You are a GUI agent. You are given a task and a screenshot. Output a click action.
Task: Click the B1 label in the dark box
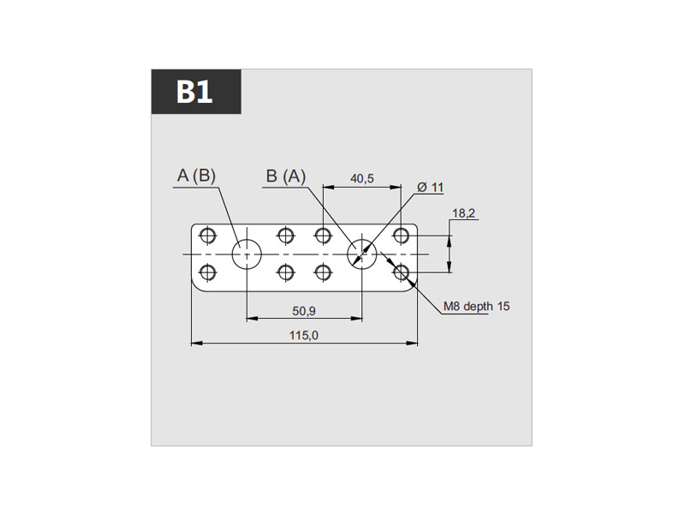[x=194, y=92]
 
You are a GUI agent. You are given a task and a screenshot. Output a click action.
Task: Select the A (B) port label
[x=197, y=176]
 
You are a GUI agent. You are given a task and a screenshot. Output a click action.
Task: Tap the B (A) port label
[x=286, y=176]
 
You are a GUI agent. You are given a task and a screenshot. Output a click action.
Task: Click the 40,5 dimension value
[x=362, y=178]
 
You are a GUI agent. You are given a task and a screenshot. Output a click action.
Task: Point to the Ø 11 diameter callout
[x=431, y=188]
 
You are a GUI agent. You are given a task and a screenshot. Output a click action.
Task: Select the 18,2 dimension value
[x=463, y=213]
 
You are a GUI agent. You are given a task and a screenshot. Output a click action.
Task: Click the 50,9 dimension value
[x=304, y=311]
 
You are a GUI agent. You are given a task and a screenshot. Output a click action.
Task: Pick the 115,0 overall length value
[x=304, y=336]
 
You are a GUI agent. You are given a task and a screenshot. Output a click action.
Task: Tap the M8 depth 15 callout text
[x=477, y=307]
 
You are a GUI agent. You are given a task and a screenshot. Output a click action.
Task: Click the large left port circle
[x=232, y=254]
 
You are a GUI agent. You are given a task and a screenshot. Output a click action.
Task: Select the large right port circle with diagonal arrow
[x=348, y=254]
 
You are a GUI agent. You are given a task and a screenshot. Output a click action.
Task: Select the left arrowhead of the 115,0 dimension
[x=197, y=344]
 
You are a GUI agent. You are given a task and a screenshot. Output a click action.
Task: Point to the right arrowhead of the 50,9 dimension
[x=357, y=319]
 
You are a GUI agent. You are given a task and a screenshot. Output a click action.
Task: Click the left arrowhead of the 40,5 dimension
[x=329, y=187]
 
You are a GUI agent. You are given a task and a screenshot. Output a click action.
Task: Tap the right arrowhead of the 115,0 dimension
[x=412, y=344]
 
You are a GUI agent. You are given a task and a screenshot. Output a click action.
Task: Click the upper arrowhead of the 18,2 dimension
[x=450, y=242]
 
